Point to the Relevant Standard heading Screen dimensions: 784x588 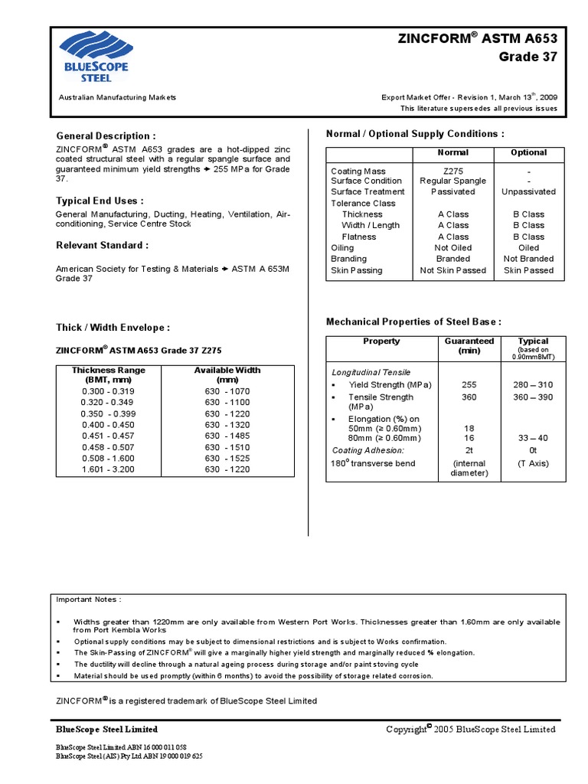pyautogui.click(x=102, y=245)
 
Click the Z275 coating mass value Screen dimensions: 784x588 pyautogui.click(x=452, y=171)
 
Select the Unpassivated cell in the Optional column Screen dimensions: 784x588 pyautogui.click(x=528, y=191)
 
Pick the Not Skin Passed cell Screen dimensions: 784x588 pyautogui.click(x=452, y=270)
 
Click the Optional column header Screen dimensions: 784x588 pyautogui.click(x=528, y=152)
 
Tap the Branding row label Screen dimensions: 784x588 pyautogui.click(x=348, y=259)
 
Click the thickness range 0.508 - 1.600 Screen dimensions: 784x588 pyautogui.click(x=108, y=458)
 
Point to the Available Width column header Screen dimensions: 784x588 pyautogui.click(x=227, y=374)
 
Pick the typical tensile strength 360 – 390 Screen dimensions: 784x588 pyautogui.click(x=534, y=397)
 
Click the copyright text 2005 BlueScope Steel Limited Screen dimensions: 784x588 pyautogui.click(x=471, y=730)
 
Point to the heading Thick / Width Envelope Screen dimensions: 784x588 pyautogui.click(x=113, y=328)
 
